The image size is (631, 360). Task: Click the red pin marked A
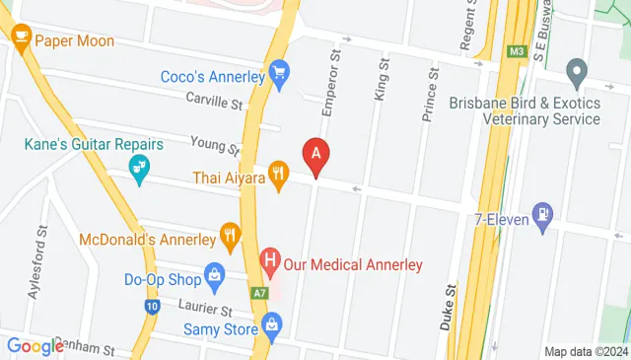pos(316,155)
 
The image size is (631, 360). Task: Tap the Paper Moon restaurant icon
pos(20,40)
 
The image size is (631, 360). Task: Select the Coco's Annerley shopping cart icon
pos(280,72)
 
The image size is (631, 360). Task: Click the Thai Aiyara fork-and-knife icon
pos(279,177)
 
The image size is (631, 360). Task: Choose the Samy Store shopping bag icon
pos(271,322)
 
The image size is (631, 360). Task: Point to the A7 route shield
pos(258,293)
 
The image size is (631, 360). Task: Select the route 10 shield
pos(151,307)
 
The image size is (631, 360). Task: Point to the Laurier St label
pos(205,309)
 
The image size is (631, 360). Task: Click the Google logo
pos(35,345)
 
